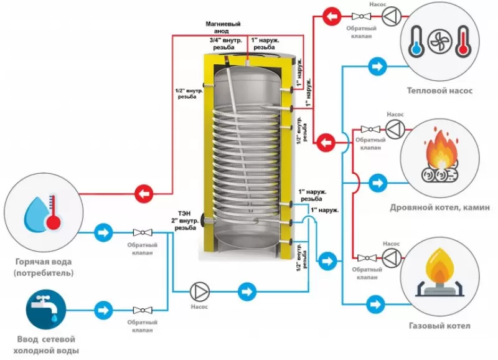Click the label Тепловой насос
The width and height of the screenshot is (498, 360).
pos(439,90)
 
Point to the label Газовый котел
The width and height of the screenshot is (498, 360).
pos(439,326)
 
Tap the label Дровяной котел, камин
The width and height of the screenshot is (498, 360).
pos(439,207)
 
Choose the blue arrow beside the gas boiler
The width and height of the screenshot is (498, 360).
pos(376,303)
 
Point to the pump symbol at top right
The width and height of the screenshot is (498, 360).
pos(389,16)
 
